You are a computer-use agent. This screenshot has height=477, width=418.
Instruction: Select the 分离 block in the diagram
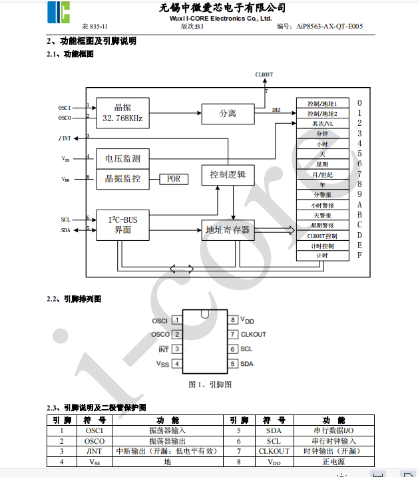[x=228, y=113]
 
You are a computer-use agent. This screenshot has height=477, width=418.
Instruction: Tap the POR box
[x=174, y=179]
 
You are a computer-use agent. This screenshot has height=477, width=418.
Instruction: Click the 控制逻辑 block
[x=228, y=175]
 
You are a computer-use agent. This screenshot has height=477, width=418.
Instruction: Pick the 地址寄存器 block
[x=228, y=230]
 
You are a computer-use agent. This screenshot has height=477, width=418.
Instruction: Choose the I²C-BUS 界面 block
[x=122, y=224]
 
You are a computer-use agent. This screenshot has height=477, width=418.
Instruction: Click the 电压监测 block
[x=122, y=159]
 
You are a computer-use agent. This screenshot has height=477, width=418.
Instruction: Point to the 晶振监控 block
[x=122, y=178]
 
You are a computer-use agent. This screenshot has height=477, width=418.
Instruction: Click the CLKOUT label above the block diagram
[x=264, y=75]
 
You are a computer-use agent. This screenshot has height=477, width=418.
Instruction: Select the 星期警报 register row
[x=322, y=225]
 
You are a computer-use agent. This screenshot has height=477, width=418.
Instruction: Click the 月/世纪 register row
[x=322, y=174]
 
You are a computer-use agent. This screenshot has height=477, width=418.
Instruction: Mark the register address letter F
[x=359, y=255]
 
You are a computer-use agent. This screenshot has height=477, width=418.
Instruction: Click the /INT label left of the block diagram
[x=65, y=138]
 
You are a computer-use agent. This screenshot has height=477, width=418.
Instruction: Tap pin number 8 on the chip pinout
[x=233, y=320]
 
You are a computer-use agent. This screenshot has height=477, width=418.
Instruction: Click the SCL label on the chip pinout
[x=246, y=349]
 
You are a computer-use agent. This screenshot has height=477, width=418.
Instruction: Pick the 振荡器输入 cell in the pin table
[x=167, y=430]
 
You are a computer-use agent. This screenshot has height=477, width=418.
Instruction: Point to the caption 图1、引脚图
[x=210, y=385]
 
